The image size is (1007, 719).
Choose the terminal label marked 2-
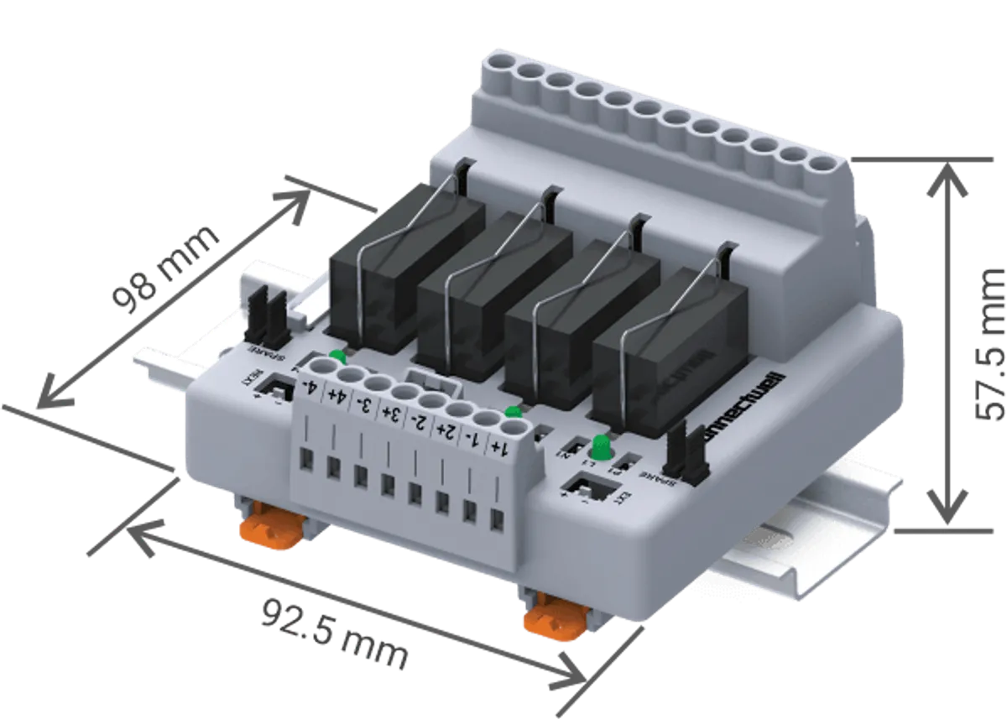(418, 421)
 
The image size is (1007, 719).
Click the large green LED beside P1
(600, 444)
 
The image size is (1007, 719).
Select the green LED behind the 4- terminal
(337, 356)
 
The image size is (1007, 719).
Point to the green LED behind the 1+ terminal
(514, 411)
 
